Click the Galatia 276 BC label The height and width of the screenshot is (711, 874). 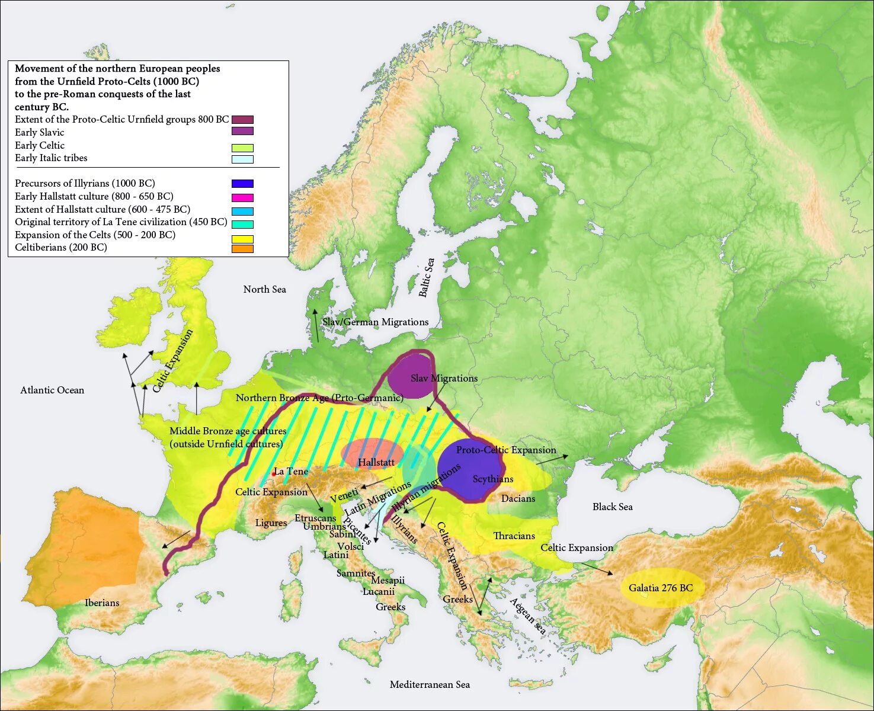(x=660, y=588)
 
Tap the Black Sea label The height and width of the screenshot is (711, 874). (x=612, y=507)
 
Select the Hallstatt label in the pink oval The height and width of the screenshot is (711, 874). (x=376, y=462)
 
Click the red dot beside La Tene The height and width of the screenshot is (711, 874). (x=274, y=473)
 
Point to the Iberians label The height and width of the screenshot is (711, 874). (x=102, y=603)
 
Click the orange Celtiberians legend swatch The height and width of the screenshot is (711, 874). (x=242, y=248)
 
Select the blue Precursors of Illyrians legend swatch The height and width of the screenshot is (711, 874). (x=242, y=184)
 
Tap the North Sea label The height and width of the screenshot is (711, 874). (x=264, y=289)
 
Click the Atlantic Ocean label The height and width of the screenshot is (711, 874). (x=52, y=390)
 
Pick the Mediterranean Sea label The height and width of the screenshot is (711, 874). (x=430, y=684)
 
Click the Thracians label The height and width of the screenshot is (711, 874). (x=514, y=536)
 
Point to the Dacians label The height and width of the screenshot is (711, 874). (x=518, y=498)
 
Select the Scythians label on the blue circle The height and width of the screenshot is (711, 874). (x=493, y=479)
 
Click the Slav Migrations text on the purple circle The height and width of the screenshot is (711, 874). (x=444, y=378)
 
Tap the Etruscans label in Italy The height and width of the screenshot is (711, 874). (x=315, y=518)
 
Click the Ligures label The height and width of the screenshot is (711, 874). (x=271, y=523)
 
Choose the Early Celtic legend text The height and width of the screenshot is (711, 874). (x=40, y=145)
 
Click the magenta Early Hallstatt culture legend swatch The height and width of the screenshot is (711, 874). (x=242, y=197)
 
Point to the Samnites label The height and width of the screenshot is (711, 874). (x=356, y=573)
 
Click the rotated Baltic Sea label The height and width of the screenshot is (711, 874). (x=427, y=277)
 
